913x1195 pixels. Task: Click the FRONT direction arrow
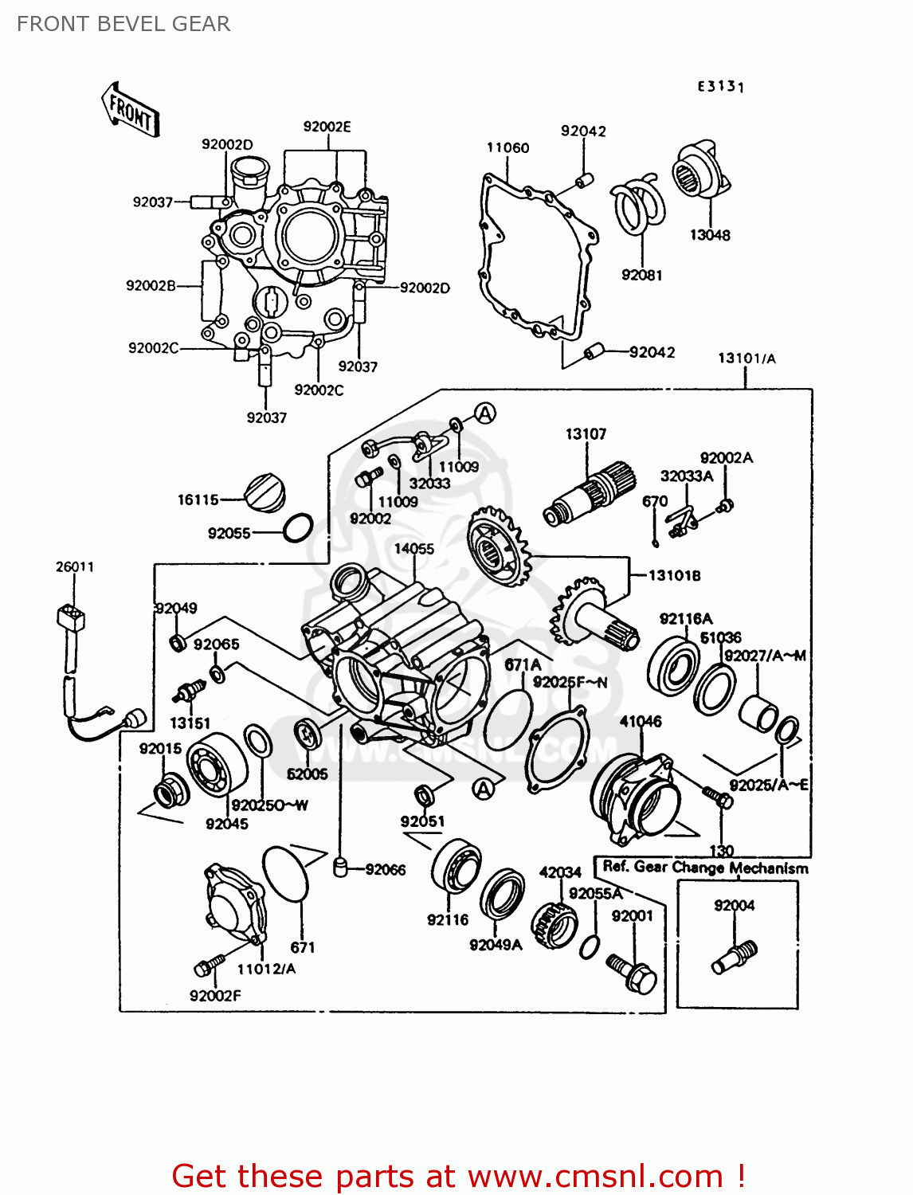coord(131,110)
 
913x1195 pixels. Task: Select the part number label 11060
coord(507,147)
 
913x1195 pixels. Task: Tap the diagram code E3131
coord(720,86)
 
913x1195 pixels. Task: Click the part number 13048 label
coord(709,235)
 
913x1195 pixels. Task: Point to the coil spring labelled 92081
coord(639,207)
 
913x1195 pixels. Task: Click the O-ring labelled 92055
coord(298,527)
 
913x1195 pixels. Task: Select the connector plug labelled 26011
coord(71,618)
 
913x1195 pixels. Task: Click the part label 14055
coord(414,549)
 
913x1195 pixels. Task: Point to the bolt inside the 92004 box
coord(734,955)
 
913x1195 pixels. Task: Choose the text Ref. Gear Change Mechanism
coord(705,868)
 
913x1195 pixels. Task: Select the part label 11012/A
coord(266,969)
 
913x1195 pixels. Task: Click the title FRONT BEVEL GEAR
coord(123,24)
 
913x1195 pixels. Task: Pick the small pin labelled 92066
coord(340,867)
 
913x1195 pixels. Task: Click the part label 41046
coord(641,722)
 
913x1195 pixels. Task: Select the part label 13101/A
coord(746,358)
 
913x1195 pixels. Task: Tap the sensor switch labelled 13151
coord(186,692)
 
